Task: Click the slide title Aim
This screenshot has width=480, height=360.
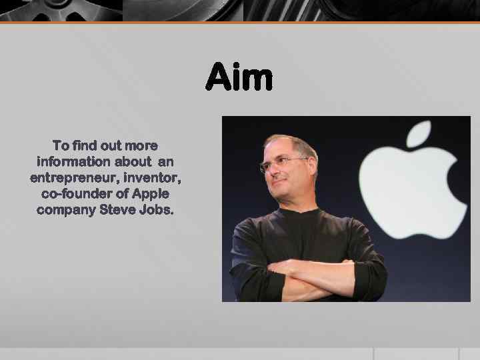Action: [239, 77]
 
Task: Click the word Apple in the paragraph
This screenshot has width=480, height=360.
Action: [151, 193]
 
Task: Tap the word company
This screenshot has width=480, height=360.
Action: [66, 209]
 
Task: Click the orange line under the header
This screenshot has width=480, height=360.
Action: [240, 23]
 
